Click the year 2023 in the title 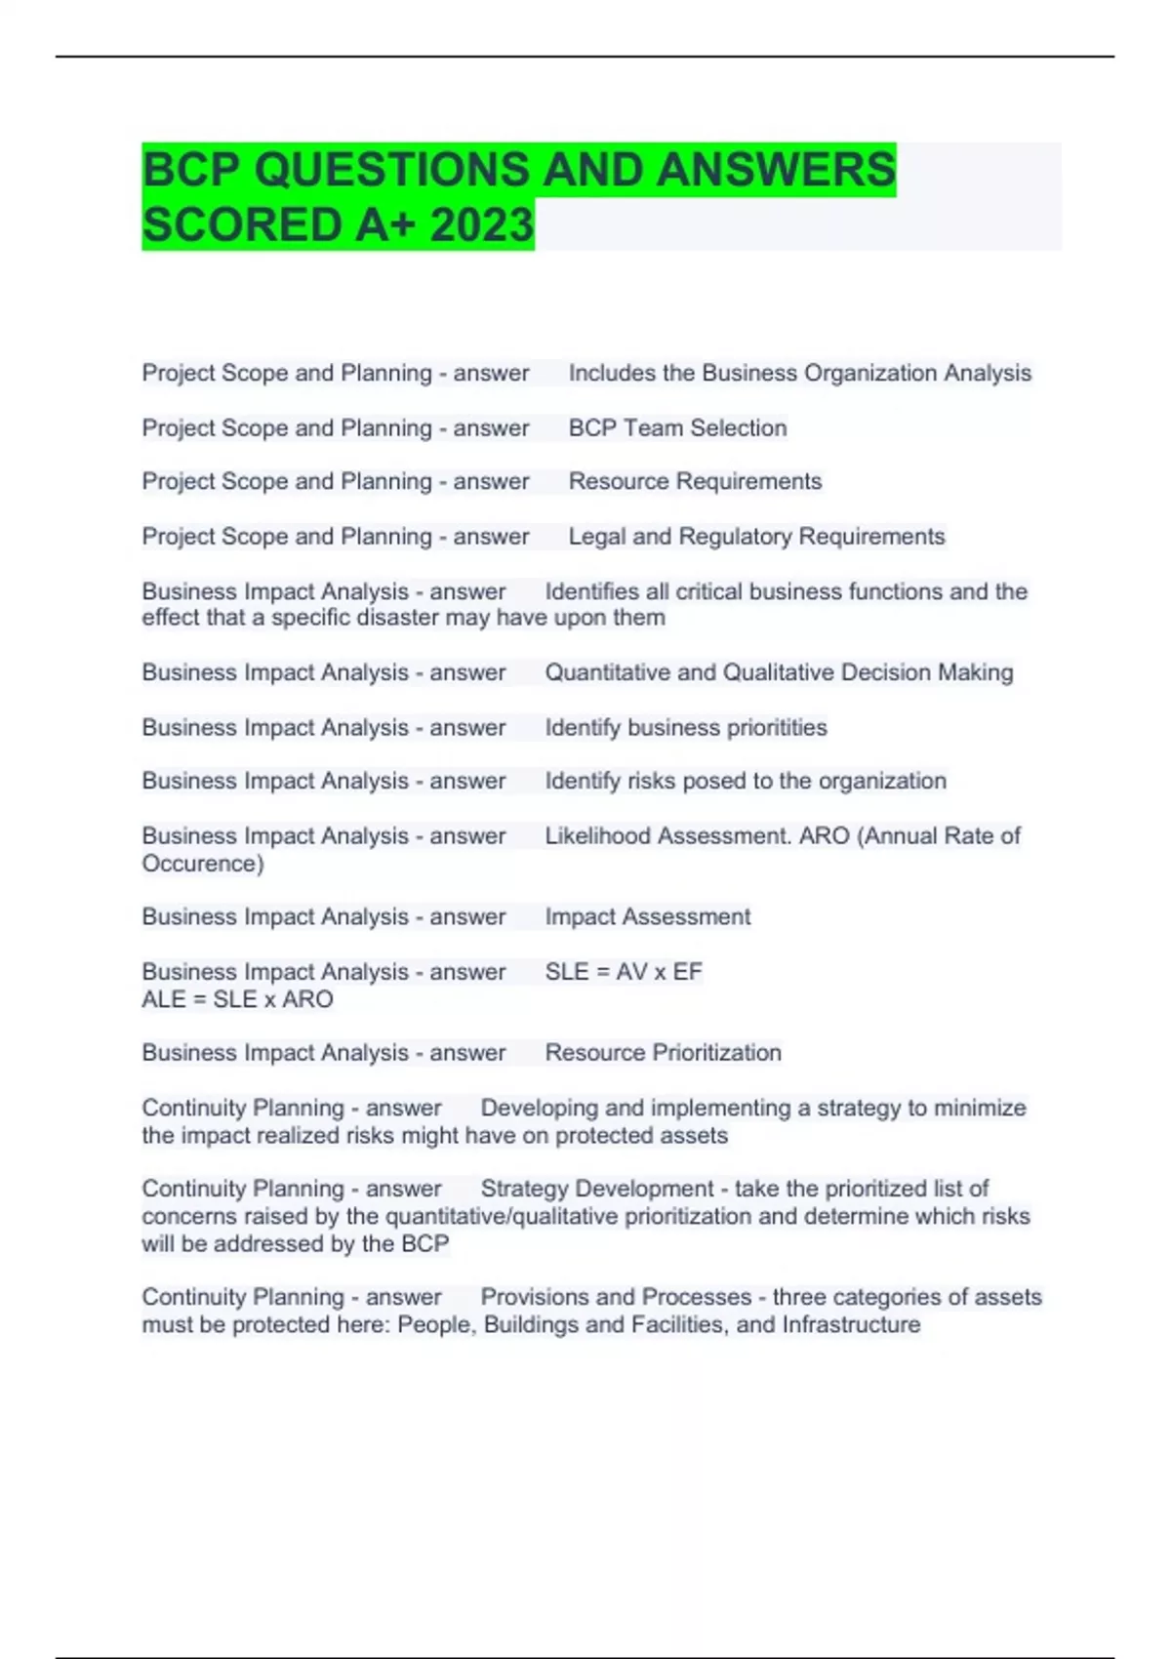coord(481,224)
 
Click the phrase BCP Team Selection coord(677,427)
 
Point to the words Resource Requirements coord(695,481)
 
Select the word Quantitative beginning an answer coord(607,672)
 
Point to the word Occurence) coord(203,864)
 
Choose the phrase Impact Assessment coord(647,916)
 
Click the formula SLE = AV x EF coord(624,971)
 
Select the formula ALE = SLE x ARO coord(237,999)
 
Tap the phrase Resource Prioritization coord(663,1052)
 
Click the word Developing coord(539,1108)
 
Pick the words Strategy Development coord(597,1189)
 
